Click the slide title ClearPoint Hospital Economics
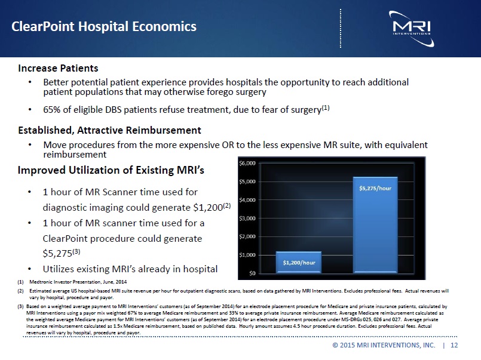point(105,27)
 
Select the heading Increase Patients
point(58,69)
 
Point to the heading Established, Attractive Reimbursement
point(109,130)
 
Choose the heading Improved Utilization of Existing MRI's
point(111,171)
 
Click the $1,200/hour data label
point(299,262)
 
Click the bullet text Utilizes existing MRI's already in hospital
point(130,269)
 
